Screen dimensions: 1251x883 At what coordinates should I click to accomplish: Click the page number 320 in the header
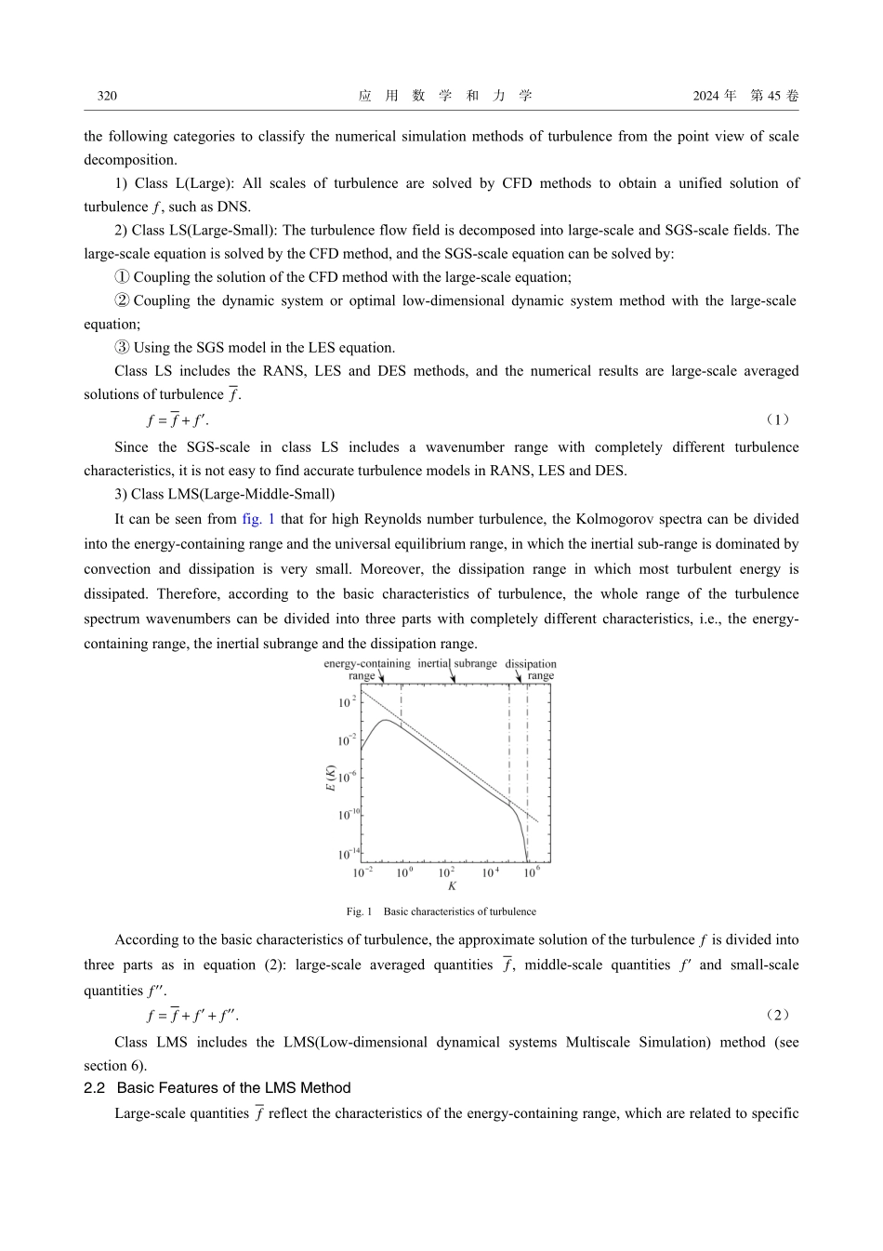pos(107,96)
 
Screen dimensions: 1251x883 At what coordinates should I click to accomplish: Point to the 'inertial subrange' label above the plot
pos(457,663)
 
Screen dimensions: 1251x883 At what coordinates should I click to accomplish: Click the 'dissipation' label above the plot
pos(531,664)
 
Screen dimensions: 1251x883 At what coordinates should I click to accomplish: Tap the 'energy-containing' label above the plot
pos(366,663)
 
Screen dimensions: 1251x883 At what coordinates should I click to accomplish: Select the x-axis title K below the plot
pos(452,886)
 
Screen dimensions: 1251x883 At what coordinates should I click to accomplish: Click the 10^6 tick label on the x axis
pos(531,872)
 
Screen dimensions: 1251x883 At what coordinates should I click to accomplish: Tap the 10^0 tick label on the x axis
pos(404,872)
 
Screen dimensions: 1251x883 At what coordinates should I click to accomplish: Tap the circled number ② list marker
pos(122,300)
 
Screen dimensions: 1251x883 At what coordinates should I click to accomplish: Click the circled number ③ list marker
pos(122,348)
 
